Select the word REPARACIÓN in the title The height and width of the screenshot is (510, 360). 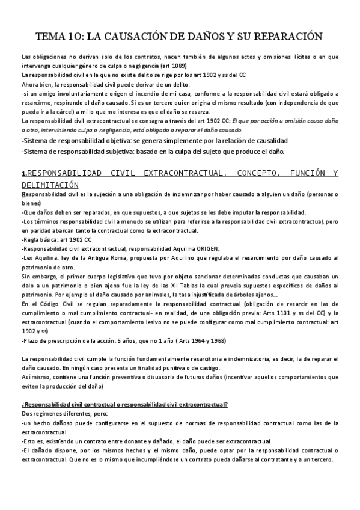pos(284,37)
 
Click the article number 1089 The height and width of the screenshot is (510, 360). pos(177,66)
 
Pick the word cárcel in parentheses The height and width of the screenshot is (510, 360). pos(66,112)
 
